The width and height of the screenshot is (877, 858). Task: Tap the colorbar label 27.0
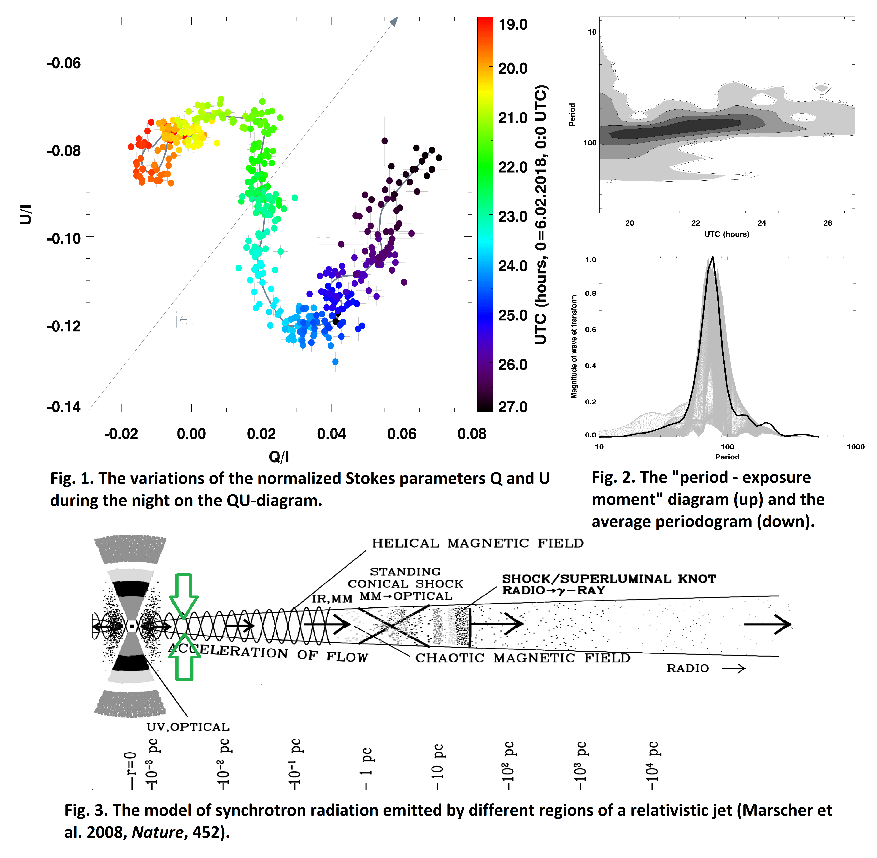click(513, 407)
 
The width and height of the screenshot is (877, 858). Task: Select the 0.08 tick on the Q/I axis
click(472, 434)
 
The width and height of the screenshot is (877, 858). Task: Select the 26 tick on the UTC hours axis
click(827, 223)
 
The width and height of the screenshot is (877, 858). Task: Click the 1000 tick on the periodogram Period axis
click(855, 447)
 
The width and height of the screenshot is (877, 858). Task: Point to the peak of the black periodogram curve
click(712, 258)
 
